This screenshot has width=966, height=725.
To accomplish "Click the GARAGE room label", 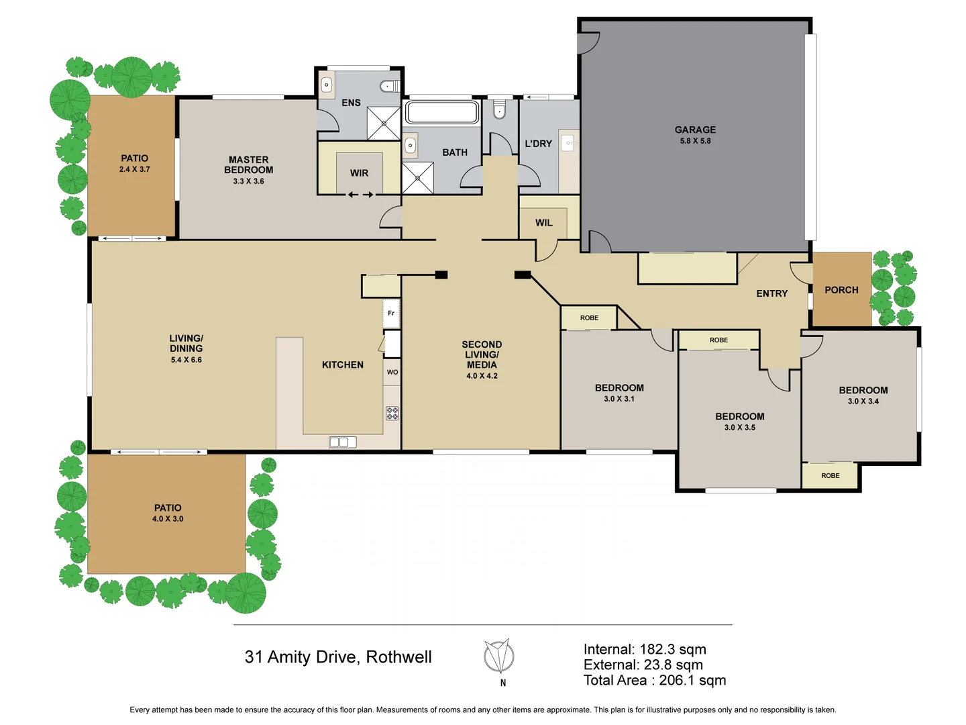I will (695, 130).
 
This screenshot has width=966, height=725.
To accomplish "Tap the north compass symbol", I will (499, 657).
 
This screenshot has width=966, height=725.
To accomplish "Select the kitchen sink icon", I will (343, 442).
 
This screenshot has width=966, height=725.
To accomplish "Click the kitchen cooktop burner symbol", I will (392, 413).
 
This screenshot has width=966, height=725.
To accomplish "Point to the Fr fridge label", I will (391, 313).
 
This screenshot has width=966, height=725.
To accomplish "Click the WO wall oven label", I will (392, 372).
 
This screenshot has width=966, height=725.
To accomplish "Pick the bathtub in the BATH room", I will (442, 112).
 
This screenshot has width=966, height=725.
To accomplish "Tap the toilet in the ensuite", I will (390, 86).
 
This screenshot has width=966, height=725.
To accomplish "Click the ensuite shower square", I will (384, 124).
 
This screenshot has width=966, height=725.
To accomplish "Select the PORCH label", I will (841, 290).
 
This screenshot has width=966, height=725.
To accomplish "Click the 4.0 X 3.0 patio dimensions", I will (168, 519).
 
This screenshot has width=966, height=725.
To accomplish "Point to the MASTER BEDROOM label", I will (248, 164).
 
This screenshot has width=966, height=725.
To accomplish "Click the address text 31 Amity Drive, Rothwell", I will (338, 657).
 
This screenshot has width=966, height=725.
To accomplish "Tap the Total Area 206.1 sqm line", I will (655, 680).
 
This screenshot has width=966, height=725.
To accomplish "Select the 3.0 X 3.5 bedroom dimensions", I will (739, 428).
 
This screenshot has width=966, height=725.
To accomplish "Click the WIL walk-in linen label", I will (544, 223).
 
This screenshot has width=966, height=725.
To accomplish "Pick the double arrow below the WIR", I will (360, 195).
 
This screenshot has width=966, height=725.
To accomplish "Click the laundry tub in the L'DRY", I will (568, 143).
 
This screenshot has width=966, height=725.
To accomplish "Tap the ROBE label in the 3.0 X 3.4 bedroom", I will (830, 475).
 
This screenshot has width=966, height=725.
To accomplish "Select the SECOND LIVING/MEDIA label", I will (482, 354).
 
